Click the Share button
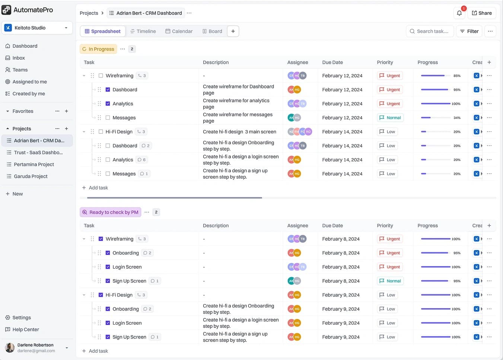click(482, 13)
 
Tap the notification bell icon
click(459, 13)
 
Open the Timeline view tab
click(143, 31)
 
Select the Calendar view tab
click(179, 31)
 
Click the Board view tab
click(212, 31)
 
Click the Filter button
click(469, 31)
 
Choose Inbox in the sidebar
click(19, 58)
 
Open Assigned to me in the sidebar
click(29, 82)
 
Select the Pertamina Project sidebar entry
click(34, 164)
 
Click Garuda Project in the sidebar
click(31, 176)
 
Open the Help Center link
click(26, 329)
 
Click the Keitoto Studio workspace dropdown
click(37, 28)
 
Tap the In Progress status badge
click(98, 49)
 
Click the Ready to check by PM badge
click(111, 212)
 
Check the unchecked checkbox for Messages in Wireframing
click(108, 118)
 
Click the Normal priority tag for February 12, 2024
click(390, 118)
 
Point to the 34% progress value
click(457, 118)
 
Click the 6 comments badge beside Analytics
click(141, 160)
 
